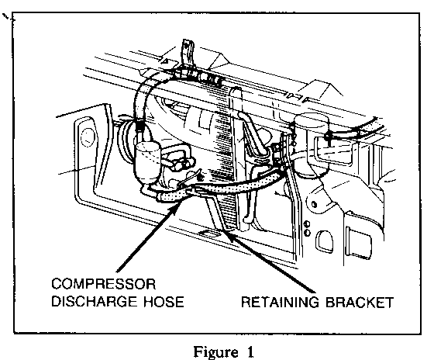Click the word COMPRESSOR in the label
point(104,284)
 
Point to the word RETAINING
point(280,302)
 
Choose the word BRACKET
point(360,302)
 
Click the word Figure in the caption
point(215,351)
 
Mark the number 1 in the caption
point(250,351)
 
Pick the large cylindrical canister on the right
point(311,144)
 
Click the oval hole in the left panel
point(88,137)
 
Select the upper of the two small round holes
point(307,224)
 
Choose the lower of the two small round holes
point(307,233)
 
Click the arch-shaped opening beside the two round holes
point(325,241)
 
